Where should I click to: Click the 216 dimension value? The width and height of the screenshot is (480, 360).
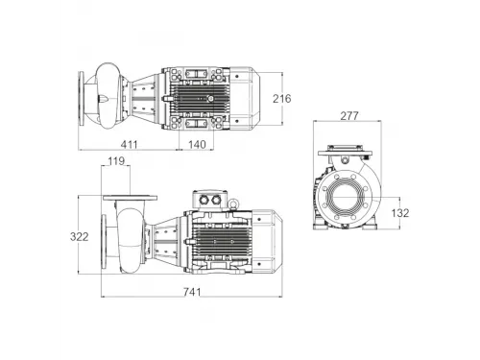[x=282, y=99]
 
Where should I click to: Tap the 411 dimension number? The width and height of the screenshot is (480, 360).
[x=129, y=145]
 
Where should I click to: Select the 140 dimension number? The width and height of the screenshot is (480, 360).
[x=197, y=145]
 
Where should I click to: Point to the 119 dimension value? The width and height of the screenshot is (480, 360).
[x=116, y=161]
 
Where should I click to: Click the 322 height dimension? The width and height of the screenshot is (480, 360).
[x=79, y=237]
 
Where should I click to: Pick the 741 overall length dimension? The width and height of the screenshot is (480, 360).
[x=192, y=292]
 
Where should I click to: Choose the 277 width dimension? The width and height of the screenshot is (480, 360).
[x=349, y=116]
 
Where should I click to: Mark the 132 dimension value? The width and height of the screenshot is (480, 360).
[x=400, y=213]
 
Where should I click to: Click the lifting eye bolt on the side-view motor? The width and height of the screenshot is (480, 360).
[x=233, y=204]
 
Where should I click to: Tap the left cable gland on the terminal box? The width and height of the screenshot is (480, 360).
[x=204, y=200]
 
